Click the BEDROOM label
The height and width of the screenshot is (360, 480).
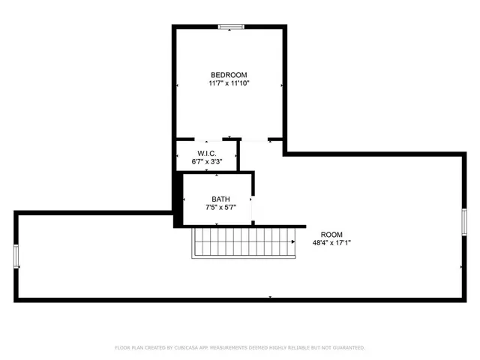coord(229,75)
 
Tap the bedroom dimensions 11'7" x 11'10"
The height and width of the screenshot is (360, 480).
coord(229,83)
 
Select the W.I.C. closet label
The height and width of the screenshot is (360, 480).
coord(207,153)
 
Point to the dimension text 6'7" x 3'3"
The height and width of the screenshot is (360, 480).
coord(207,161)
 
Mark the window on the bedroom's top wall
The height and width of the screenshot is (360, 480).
coord(231,28)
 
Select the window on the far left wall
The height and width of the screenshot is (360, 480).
coord(16,256)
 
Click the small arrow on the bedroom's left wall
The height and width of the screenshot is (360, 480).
coord(178,85)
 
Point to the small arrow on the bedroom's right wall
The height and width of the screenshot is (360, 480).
coord(280,85)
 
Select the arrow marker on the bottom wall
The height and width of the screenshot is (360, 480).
coord(270,298)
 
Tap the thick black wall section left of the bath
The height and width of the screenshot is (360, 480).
coord(178,199)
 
